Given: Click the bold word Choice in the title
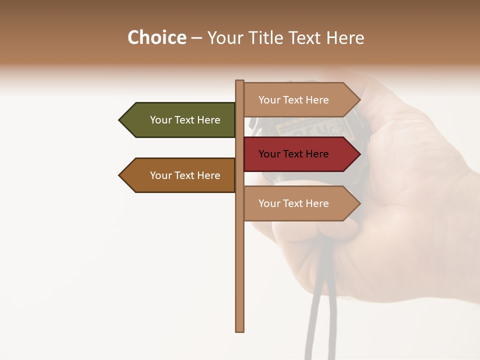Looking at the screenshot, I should (x=156, y=37).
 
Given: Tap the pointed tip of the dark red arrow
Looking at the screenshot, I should (x=359, y=154).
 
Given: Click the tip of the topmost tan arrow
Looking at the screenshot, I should (x=359, y=99).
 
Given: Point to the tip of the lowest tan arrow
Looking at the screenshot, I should (x=359, y=203).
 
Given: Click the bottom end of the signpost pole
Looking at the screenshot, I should (x=240, y=329).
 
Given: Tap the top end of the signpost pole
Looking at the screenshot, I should (x=240, y=82).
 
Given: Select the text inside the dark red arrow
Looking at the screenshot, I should (x=293, y=154).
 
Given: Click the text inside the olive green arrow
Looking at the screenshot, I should (x=185, y=120).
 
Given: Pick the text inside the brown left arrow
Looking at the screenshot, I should (x=185, y=175).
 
